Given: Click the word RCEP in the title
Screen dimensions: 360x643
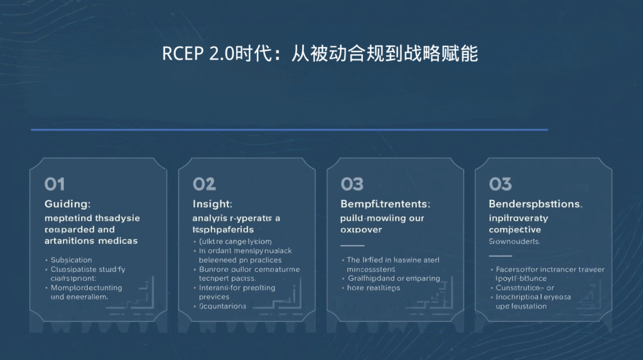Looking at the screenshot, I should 181,54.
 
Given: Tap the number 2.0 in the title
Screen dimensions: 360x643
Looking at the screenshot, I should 220,54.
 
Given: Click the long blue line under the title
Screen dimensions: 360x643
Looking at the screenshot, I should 289,130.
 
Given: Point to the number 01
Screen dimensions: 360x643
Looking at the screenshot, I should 55,184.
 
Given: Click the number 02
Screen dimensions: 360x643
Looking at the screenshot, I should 204,184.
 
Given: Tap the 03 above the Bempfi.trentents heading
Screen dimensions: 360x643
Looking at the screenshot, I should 352,184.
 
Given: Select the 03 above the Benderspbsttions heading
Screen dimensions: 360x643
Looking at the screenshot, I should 500,184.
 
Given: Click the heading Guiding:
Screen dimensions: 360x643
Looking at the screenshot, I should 67,204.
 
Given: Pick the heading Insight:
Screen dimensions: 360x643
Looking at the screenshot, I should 212,204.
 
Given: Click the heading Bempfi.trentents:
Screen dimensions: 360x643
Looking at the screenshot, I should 385,204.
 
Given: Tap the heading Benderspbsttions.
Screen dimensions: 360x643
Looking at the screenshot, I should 535,204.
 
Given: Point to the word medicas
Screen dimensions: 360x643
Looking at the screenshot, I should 118,241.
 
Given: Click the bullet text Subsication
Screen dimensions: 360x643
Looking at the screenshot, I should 71,259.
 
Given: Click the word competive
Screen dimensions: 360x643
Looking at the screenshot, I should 515,230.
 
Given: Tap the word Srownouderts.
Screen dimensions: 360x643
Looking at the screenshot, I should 514,241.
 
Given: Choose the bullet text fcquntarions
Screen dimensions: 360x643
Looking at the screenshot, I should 222,306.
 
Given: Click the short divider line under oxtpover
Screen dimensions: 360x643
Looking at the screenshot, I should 352,246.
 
